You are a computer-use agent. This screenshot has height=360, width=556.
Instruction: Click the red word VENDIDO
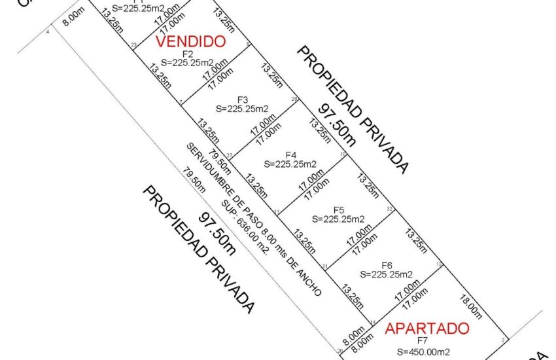(191, 41)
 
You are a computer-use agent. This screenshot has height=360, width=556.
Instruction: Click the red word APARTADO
(426, 328)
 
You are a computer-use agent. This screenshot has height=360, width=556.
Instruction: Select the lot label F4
(290, 154)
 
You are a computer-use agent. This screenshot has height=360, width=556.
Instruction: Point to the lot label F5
(338, 209)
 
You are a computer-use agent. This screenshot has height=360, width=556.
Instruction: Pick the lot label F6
(387, 264)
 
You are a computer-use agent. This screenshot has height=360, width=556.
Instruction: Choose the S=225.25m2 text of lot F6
(387, 274)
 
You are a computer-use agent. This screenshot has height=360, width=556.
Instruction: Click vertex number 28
(294, 99)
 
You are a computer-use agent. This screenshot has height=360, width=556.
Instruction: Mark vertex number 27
(230, 154)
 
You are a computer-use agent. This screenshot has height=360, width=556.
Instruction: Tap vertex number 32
(389, 209)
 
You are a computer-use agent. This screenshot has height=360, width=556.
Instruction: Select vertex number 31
(325, 266)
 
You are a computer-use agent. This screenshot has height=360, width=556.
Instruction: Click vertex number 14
(372, 322)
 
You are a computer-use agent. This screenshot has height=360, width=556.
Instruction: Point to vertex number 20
(340, 351)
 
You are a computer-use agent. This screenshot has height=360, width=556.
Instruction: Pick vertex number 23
(133, 45)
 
